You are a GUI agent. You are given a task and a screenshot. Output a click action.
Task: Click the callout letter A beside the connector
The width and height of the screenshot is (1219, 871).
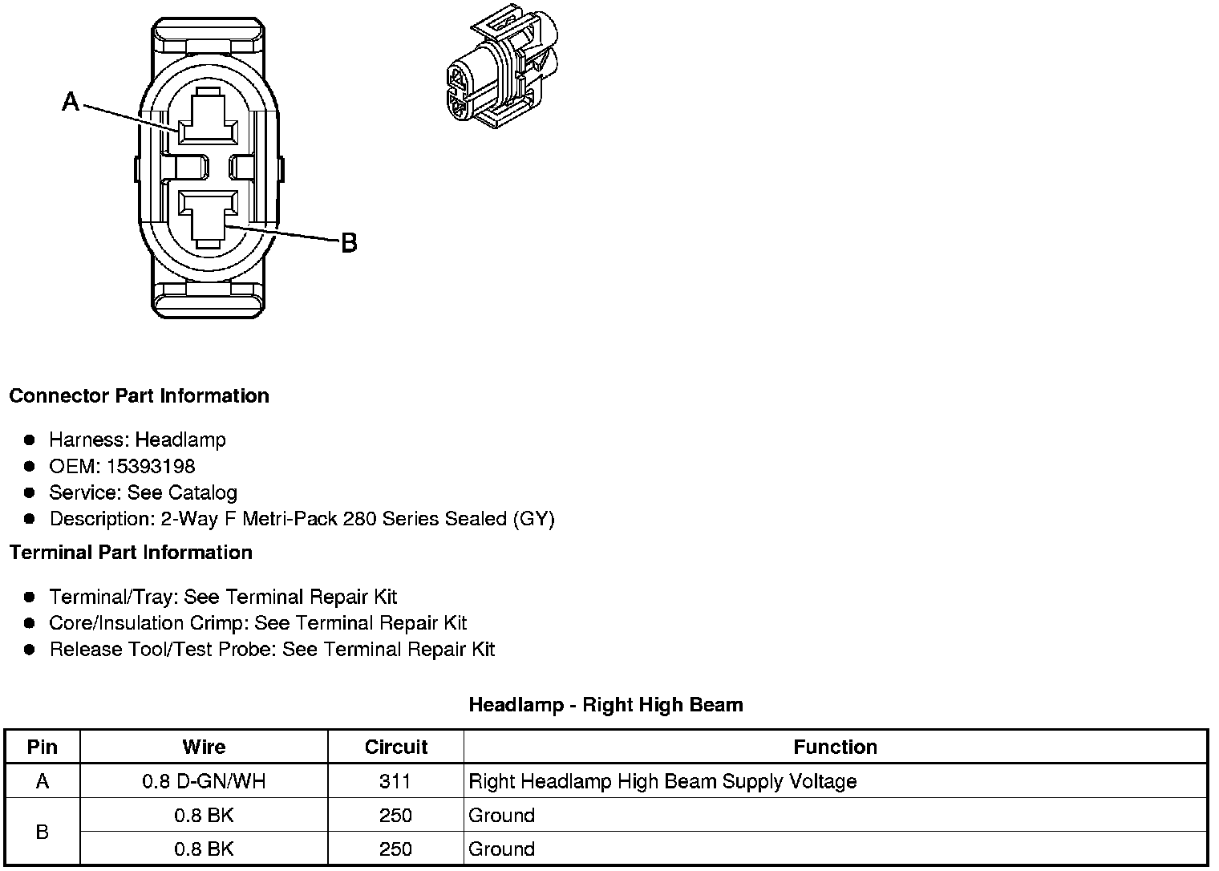[71, 102]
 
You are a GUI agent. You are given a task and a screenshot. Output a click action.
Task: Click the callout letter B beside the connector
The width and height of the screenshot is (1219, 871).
[349, 242]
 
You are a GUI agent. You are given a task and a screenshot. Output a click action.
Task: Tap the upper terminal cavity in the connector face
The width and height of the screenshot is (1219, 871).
[207, 123]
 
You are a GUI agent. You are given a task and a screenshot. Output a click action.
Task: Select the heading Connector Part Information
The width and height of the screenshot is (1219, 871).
[139, 396]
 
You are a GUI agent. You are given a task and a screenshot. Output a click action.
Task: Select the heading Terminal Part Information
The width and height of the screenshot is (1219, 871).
[131, 553]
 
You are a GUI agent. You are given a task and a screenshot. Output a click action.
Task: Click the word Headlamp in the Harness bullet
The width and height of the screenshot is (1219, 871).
[180, 440]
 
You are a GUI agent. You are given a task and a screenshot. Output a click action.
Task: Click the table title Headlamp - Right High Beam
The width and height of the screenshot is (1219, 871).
[605, 705]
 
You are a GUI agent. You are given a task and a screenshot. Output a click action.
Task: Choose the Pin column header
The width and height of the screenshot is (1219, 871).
[43, 747]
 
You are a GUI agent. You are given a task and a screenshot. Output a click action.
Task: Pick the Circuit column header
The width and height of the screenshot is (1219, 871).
[395, 747]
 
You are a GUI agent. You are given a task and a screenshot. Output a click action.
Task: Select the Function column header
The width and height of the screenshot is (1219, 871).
[835, 747]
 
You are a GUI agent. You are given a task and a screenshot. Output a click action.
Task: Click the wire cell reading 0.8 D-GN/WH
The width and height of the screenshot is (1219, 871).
[204, 781]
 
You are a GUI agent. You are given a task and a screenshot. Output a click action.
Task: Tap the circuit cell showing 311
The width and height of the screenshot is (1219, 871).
[395, 781]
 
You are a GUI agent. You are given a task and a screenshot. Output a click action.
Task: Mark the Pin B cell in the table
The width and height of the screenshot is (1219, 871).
[43, 832]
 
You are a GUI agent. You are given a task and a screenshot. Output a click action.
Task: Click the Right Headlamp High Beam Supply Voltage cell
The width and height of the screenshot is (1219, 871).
[662, 781]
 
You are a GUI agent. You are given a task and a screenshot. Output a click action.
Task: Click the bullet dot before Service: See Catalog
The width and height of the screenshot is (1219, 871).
[30, 492]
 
